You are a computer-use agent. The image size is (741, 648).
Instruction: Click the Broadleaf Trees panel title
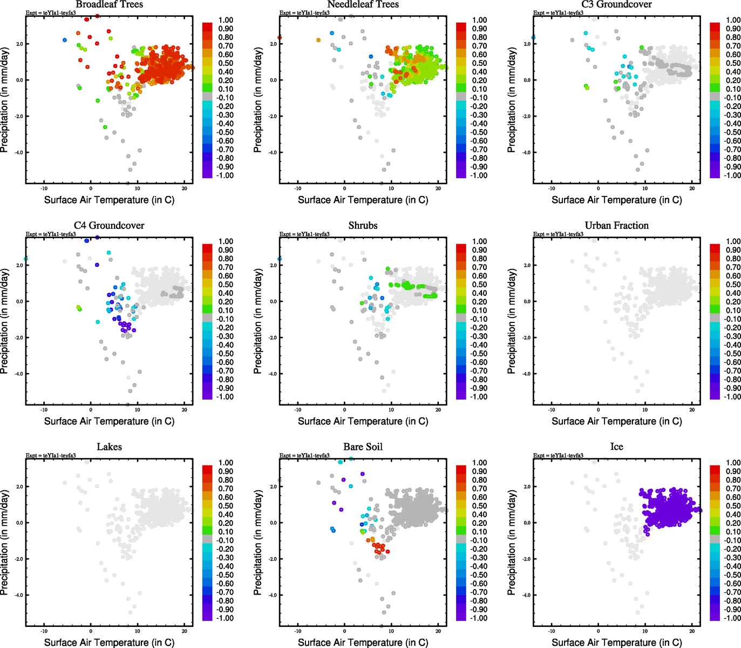pyautogui.click(x=109, y=5)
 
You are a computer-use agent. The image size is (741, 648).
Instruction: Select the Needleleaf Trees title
pyautogui.click(x=363, y=5)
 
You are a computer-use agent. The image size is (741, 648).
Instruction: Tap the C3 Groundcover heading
pyautogui.click(x=616, y=5)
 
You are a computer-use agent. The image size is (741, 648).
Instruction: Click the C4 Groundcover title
pyautogui.click(x=109, y=226)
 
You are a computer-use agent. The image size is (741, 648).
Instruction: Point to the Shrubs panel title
pyautogui.click(x=363, y=226)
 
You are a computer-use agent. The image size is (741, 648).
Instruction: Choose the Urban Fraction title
pyautogui.click(x=616, y=226)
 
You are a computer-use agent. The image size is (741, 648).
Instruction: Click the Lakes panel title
pyautogui.click(x=109, y=447)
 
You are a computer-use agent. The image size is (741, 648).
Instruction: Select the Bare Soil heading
pyautogui.click(x=363, y=447)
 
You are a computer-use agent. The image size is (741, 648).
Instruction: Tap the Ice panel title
pyautogui.click(x=616, y=447)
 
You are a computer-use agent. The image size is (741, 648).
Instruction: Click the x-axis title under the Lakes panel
pyautogui.click(x=109, y=643)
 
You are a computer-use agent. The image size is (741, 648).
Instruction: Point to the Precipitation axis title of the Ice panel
pyautogui.click(x=512, y=543)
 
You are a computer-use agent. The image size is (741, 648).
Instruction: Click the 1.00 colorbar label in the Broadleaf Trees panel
pyautogui.click(x=226, y=20)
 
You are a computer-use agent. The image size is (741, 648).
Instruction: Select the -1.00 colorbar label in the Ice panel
pyautogui.click(x=732, y=618)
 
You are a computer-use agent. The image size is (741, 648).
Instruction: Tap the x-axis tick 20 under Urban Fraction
pyautogui.click(x=692, y=410)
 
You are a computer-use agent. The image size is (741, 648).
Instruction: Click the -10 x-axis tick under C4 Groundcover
pyautogui.click(x=44, y=410)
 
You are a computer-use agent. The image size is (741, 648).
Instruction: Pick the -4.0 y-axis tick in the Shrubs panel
pyautogui.click(x=273, y=374)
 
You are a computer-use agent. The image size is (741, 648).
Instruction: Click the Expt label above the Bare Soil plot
pyautogui.click(x=304, y=456)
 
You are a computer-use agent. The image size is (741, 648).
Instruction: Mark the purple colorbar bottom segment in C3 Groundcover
pyautogui.click(x=715, y=173)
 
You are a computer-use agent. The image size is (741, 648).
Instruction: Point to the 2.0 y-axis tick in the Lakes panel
pyautogui.click(x=19, y=487)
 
